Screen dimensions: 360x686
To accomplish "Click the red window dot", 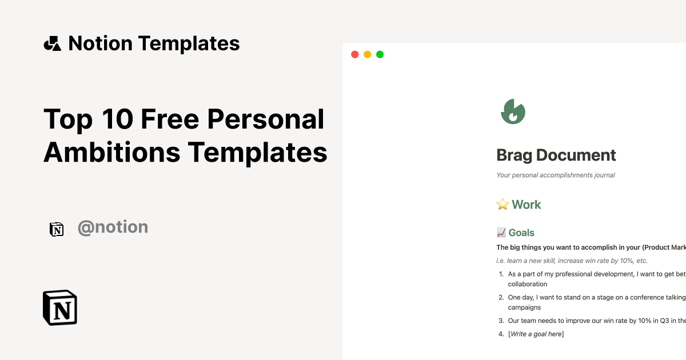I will (354, 54).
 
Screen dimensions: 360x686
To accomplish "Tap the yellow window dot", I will (367, 54).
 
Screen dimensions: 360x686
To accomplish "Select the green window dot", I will (380, 54).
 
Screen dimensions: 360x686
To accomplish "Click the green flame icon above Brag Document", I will (513, 111).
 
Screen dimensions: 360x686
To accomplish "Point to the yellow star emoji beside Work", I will (502, 205).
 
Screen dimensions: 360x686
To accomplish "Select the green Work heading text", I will (527, 205).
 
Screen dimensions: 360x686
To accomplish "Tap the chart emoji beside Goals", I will (501, 233).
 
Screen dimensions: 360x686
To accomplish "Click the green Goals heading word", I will (521, 233).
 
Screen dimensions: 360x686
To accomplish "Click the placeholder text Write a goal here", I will (536, 334).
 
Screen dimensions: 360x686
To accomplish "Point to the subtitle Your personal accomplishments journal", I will (556, 175).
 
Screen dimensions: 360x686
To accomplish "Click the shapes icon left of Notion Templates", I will (52, 43).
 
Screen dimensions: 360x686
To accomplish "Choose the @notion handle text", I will (113, 227).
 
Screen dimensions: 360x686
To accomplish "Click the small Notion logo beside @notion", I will (57, 229).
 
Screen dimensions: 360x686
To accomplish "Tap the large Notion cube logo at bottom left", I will (60, 308).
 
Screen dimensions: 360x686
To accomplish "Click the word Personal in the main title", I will (265, 119).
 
